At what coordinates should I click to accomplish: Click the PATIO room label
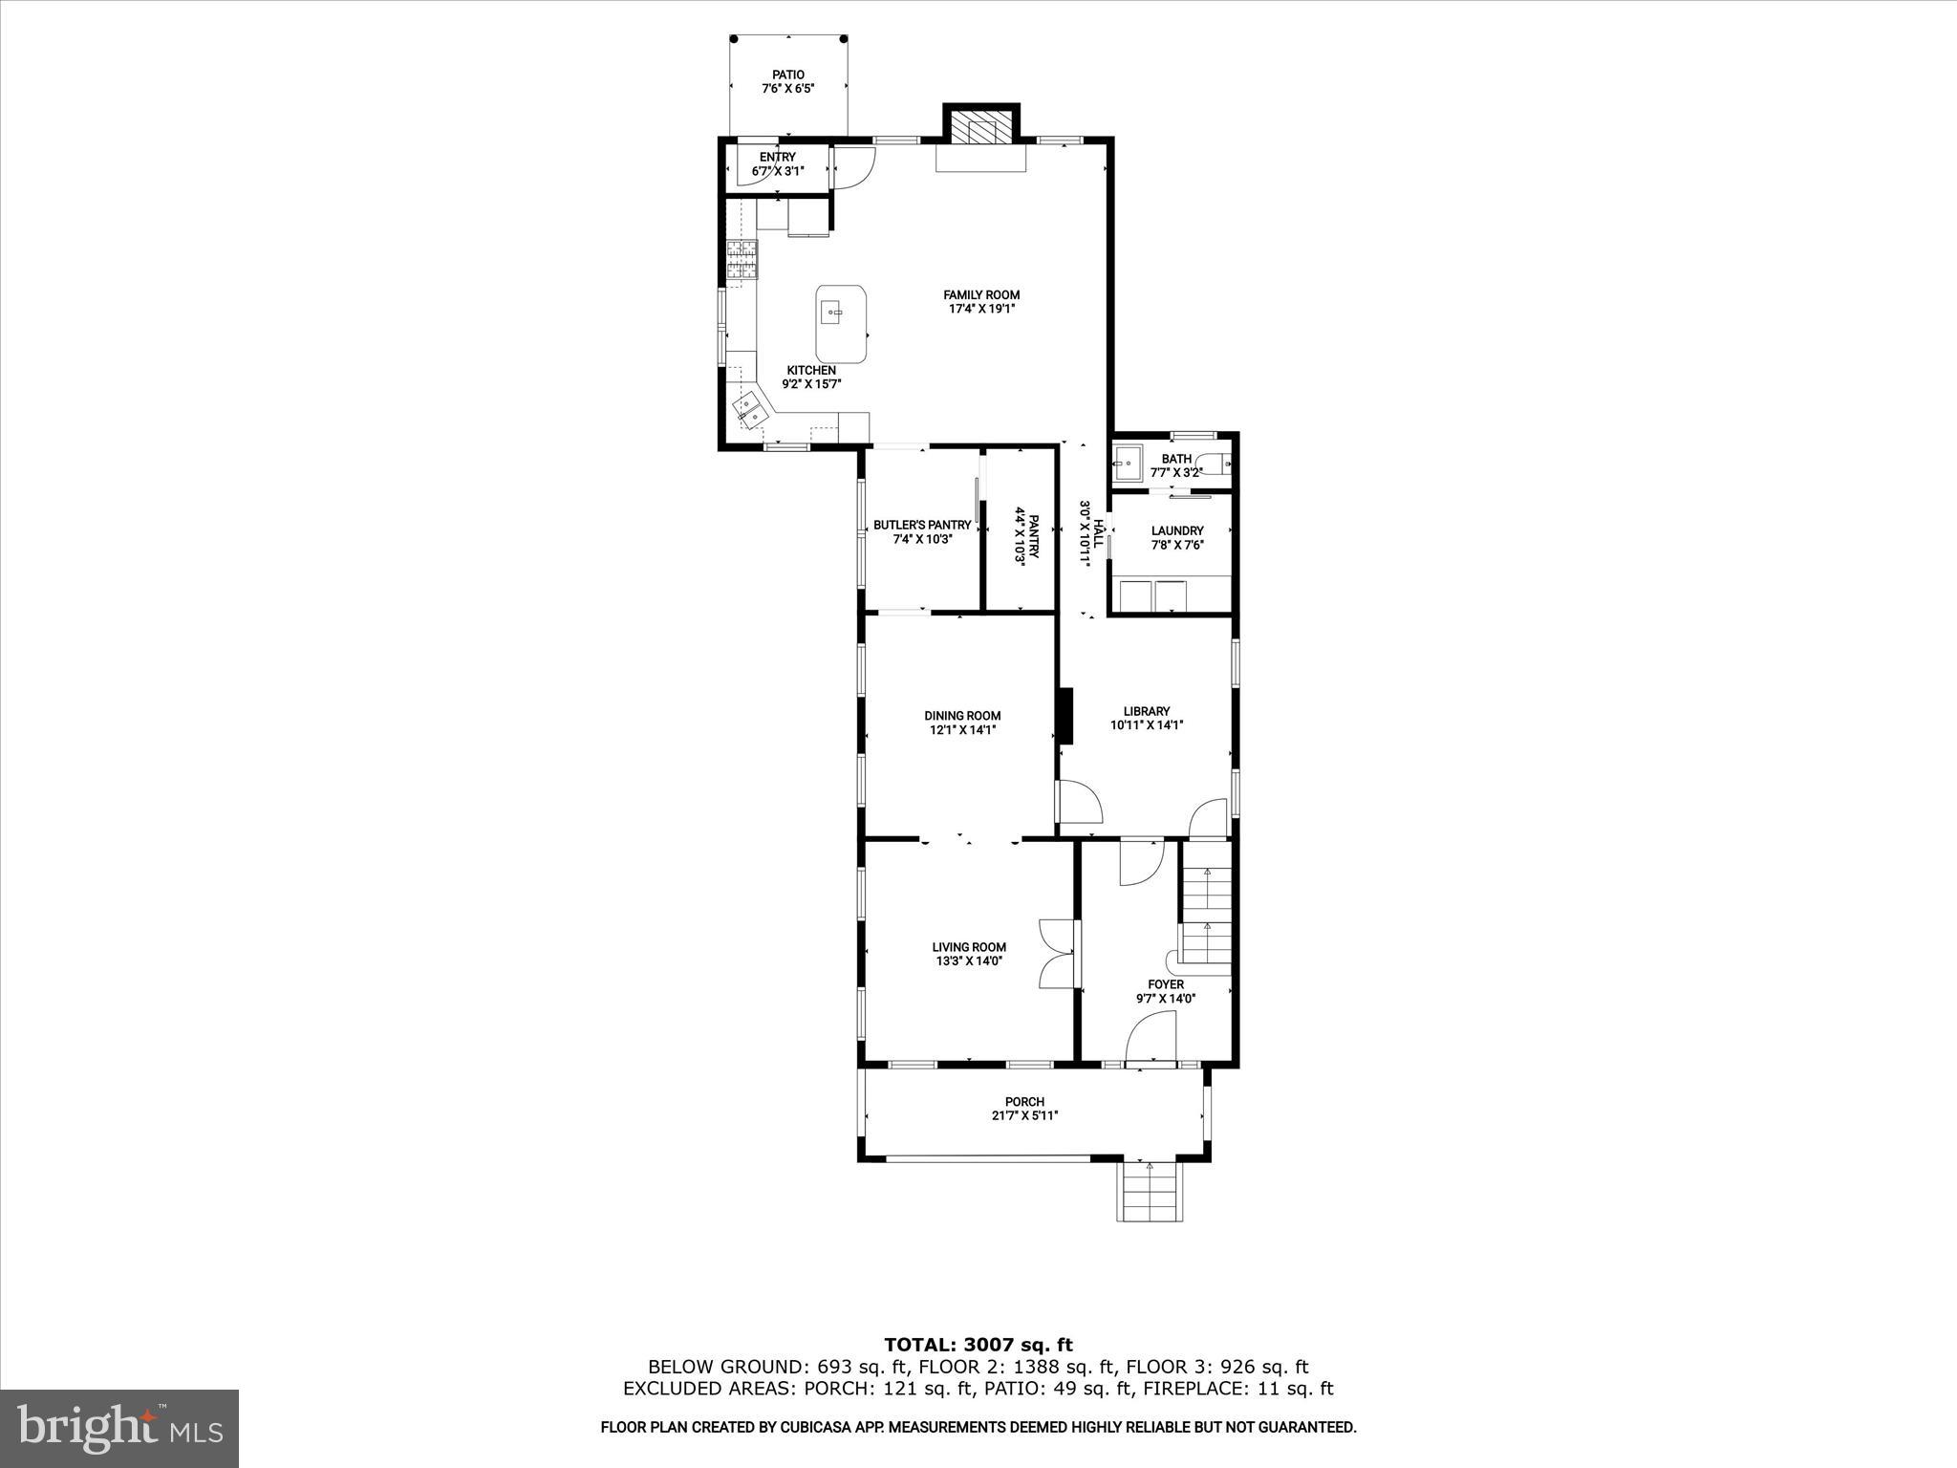788,75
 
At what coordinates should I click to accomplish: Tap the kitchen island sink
831,312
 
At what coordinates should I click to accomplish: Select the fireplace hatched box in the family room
981,130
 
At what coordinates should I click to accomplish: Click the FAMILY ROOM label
981,295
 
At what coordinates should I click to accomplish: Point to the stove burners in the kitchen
742,261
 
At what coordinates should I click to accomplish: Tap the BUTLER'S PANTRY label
922,525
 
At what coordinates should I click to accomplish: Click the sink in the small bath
1128,465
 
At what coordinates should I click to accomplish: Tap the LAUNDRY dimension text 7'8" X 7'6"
1177,545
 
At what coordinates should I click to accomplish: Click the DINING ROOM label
962,716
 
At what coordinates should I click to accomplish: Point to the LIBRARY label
1146,711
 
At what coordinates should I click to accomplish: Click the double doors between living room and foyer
1055,954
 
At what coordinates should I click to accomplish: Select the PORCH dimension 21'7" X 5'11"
1024,1115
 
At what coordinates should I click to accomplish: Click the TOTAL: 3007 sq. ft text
978,1346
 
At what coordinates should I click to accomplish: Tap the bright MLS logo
119,1429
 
